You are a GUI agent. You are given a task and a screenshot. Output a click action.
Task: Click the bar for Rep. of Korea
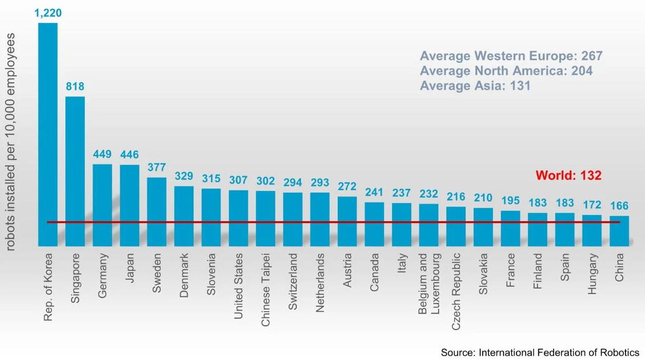coord(48,133)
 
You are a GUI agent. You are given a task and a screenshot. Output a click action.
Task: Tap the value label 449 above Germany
coord(102,155)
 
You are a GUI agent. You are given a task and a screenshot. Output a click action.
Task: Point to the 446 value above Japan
coord(129,155)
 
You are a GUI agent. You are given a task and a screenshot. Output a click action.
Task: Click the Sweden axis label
coord(157,273)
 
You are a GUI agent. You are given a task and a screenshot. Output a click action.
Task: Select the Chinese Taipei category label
coord(265,290)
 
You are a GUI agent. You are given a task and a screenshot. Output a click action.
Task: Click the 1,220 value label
coord(48,12)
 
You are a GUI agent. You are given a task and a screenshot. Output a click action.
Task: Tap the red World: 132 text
coord(569,176)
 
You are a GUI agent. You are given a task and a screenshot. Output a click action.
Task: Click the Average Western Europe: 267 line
coord(510,56)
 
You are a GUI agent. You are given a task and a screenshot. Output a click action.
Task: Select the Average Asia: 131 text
coord(475,86)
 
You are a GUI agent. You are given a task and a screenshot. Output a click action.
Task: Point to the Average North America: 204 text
coord(506,71)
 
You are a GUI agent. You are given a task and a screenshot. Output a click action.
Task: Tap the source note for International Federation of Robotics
coord(540,352)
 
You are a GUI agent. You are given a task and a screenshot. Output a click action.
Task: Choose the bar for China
coord(620,230)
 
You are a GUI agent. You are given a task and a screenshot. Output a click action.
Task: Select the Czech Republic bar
coord(455,226)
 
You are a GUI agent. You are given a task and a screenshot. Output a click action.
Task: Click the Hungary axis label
coord(592,274)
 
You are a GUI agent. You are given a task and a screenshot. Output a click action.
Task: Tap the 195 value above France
coord(510,200)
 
